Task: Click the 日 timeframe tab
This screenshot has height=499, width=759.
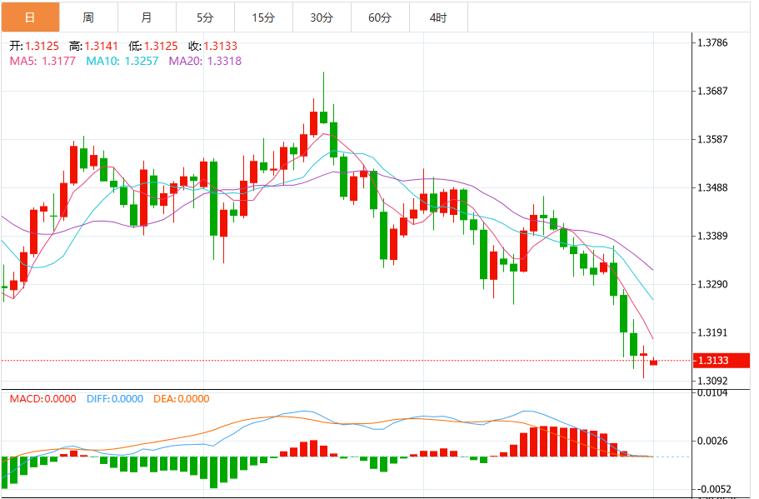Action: click(x=30, y=17)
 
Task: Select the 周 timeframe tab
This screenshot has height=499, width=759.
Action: click(x=88, y=17)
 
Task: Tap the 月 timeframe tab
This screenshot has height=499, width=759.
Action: click(x=147, y=17)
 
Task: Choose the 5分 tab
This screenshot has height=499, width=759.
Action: click(x=205, y=17)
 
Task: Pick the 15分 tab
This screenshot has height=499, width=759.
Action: click(x=263, y=17)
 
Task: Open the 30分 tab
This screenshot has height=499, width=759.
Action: click(x=322, y=17)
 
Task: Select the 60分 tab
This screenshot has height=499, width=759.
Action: click(x=380, y=17)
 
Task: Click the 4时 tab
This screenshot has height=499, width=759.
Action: click(x=438, y=17)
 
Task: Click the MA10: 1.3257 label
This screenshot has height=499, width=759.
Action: click(x=124, y=61)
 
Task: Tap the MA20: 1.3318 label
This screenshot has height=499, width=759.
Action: click(x=205, y=61)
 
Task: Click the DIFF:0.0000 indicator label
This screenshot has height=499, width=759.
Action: click(x=114, y=399)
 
